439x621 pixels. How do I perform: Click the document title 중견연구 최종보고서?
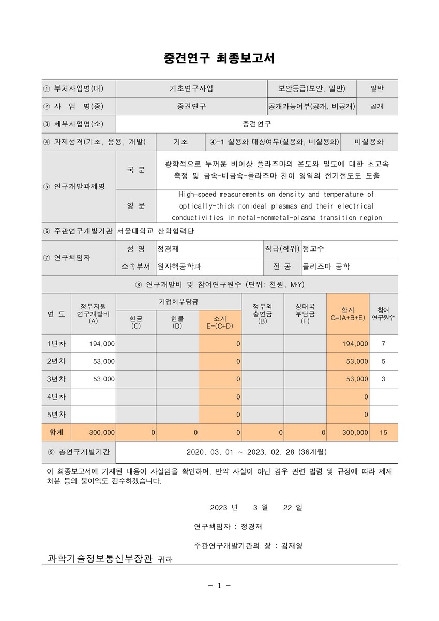219,58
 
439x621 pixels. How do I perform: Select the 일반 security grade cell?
376,88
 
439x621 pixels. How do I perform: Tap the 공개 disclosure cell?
376,106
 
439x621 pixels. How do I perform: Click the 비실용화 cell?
369,142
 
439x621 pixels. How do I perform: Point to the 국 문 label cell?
136,170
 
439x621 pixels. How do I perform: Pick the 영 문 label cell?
136,205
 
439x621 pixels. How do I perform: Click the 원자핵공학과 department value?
179,267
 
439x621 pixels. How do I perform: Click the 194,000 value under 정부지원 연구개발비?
102,344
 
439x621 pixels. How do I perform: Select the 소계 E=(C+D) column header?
220,321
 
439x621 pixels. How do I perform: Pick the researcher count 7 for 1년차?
383,344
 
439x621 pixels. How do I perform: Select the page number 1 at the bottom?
219,586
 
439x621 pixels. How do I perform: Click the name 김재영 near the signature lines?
292,545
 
